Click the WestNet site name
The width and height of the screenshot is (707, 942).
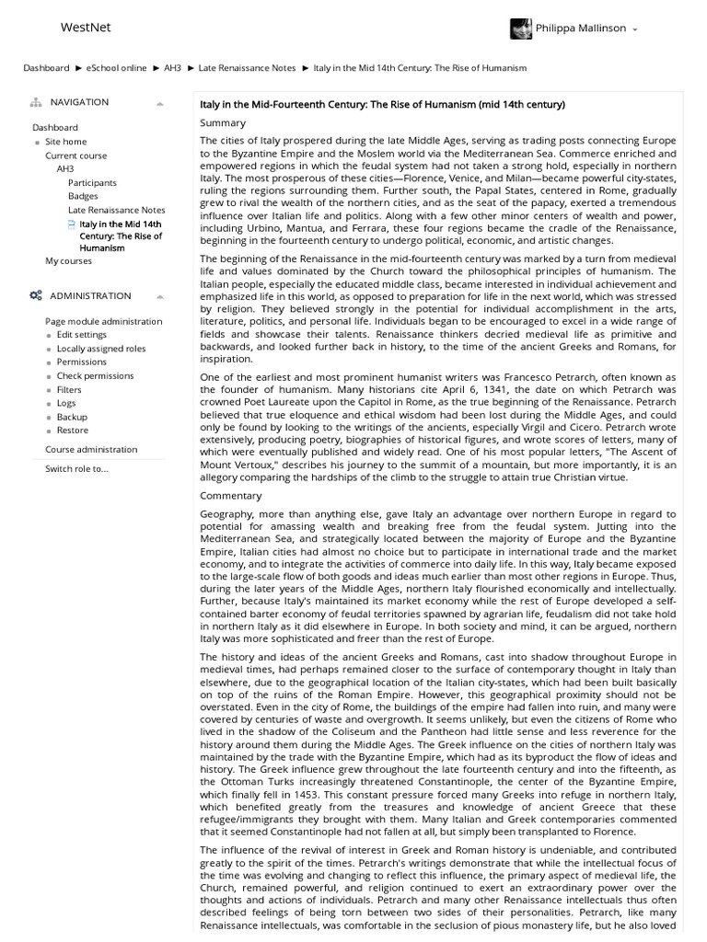click(85, 28)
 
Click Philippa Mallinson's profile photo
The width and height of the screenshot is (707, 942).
click(520, 29)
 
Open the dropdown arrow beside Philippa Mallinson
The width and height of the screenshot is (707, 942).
click(635, 29)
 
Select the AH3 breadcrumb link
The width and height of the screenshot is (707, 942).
click(172, 68)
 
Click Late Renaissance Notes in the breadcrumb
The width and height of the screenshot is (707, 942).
click(247, 68)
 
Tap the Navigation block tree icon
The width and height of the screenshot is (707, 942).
click(36, 102)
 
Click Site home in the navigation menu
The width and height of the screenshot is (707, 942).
click(65, 142)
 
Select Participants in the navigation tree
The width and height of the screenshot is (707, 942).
click(92, 182)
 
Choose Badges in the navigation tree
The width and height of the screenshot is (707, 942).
click(83, 196)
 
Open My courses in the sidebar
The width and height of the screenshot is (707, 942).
click(69, 261)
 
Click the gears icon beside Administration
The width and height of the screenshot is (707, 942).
click(36, 295)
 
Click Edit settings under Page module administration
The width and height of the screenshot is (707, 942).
click(81, 335)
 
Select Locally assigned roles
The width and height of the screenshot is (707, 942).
click(100, 349)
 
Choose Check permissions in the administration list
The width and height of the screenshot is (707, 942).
click(95, 375)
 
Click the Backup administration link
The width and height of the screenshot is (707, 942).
click(72, 417)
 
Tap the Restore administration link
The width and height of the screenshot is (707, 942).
click(73, 430)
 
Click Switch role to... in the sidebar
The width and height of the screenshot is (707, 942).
click(76, 468)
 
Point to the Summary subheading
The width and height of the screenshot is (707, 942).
click(223, 122)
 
